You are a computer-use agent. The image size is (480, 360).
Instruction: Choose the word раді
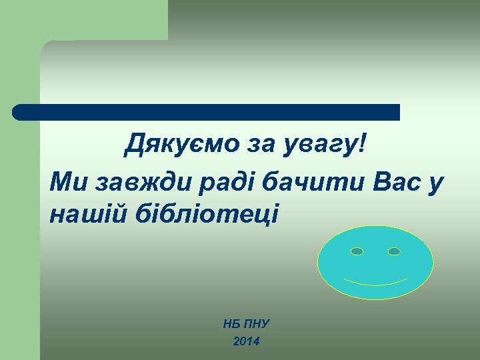click(x=203, y=181)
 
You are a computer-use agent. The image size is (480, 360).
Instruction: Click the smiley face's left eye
click(x=357, y=251)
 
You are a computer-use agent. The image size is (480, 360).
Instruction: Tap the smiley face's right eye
click(x=394, y=251)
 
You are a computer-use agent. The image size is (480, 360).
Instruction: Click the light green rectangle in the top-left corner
click(x=83, y=19)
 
